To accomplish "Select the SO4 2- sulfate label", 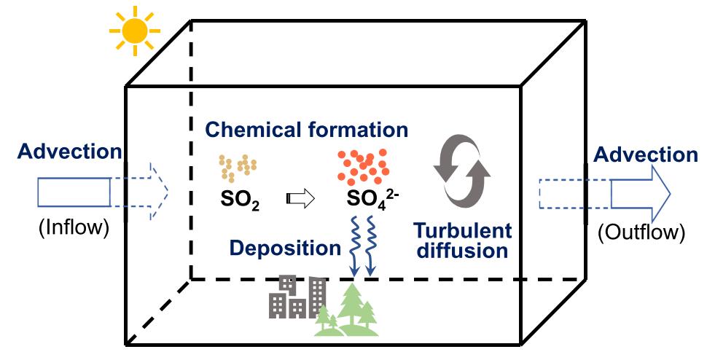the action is [372, 199].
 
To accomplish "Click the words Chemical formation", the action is [307, 130].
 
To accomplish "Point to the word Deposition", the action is [285, 249].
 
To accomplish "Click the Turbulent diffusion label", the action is [463, 240].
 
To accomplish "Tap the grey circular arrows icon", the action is [461, 171].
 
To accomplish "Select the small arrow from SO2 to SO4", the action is [300, 199].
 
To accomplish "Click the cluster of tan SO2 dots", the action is [238, 168].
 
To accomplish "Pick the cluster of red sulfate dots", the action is [364, 167].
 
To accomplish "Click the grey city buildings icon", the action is [297, 297].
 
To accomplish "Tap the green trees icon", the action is [347, 311].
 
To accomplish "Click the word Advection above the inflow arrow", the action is [69, 152].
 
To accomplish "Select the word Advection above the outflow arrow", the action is [646, 154].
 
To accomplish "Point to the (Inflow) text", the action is [74, 227].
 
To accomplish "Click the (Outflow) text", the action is [641, 232].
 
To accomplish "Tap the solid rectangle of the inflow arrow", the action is [74, 192].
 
